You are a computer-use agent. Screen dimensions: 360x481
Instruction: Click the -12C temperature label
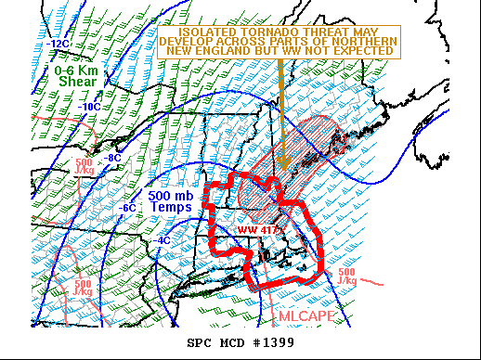[x=59, y=44]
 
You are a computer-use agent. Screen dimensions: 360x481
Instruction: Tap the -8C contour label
[x=111, y=158]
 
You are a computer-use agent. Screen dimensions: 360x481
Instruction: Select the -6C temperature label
[x=128, y=208]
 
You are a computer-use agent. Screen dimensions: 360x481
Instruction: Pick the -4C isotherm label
[x=162, y=241]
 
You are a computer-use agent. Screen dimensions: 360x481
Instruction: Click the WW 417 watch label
[x=253, y=228]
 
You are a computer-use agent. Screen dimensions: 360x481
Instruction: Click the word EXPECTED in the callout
[x=364, y=53]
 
